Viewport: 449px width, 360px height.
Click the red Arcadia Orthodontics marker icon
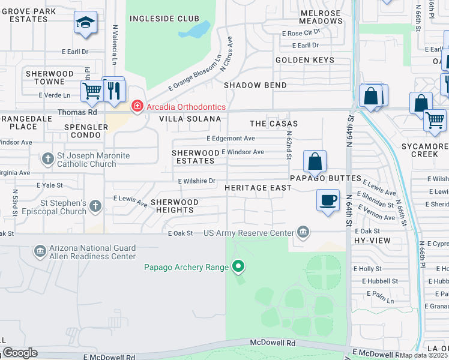pos(137,106)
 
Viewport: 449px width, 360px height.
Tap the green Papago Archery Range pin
pos(238,266)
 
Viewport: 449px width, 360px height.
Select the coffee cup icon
pos(328,200)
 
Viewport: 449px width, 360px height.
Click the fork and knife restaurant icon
pos(113,90)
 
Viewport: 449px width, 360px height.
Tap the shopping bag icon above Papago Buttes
pos(315,161)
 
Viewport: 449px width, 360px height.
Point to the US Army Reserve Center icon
pos(303,232)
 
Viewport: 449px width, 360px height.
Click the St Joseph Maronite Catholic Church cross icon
pos(48,160)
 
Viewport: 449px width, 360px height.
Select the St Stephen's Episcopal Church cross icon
pos(95,207)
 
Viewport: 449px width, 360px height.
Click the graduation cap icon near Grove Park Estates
pos(85,23)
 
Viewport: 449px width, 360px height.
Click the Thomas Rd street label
pos(77,112)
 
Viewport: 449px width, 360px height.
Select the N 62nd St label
pos(289,146)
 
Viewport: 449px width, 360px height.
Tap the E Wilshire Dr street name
pos(196,181)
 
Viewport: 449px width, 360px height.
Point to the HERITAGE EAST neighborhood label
pos(258,188)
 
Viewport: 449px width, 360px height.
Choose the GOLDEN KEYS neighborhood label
pos(305,60)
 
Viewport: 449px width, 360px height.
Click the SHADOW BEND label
pos(255,85)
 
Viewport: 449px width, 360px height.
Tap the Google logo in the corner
pos(20,353)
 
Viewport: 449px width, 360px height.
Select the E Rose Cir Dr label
pos(305,33)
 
